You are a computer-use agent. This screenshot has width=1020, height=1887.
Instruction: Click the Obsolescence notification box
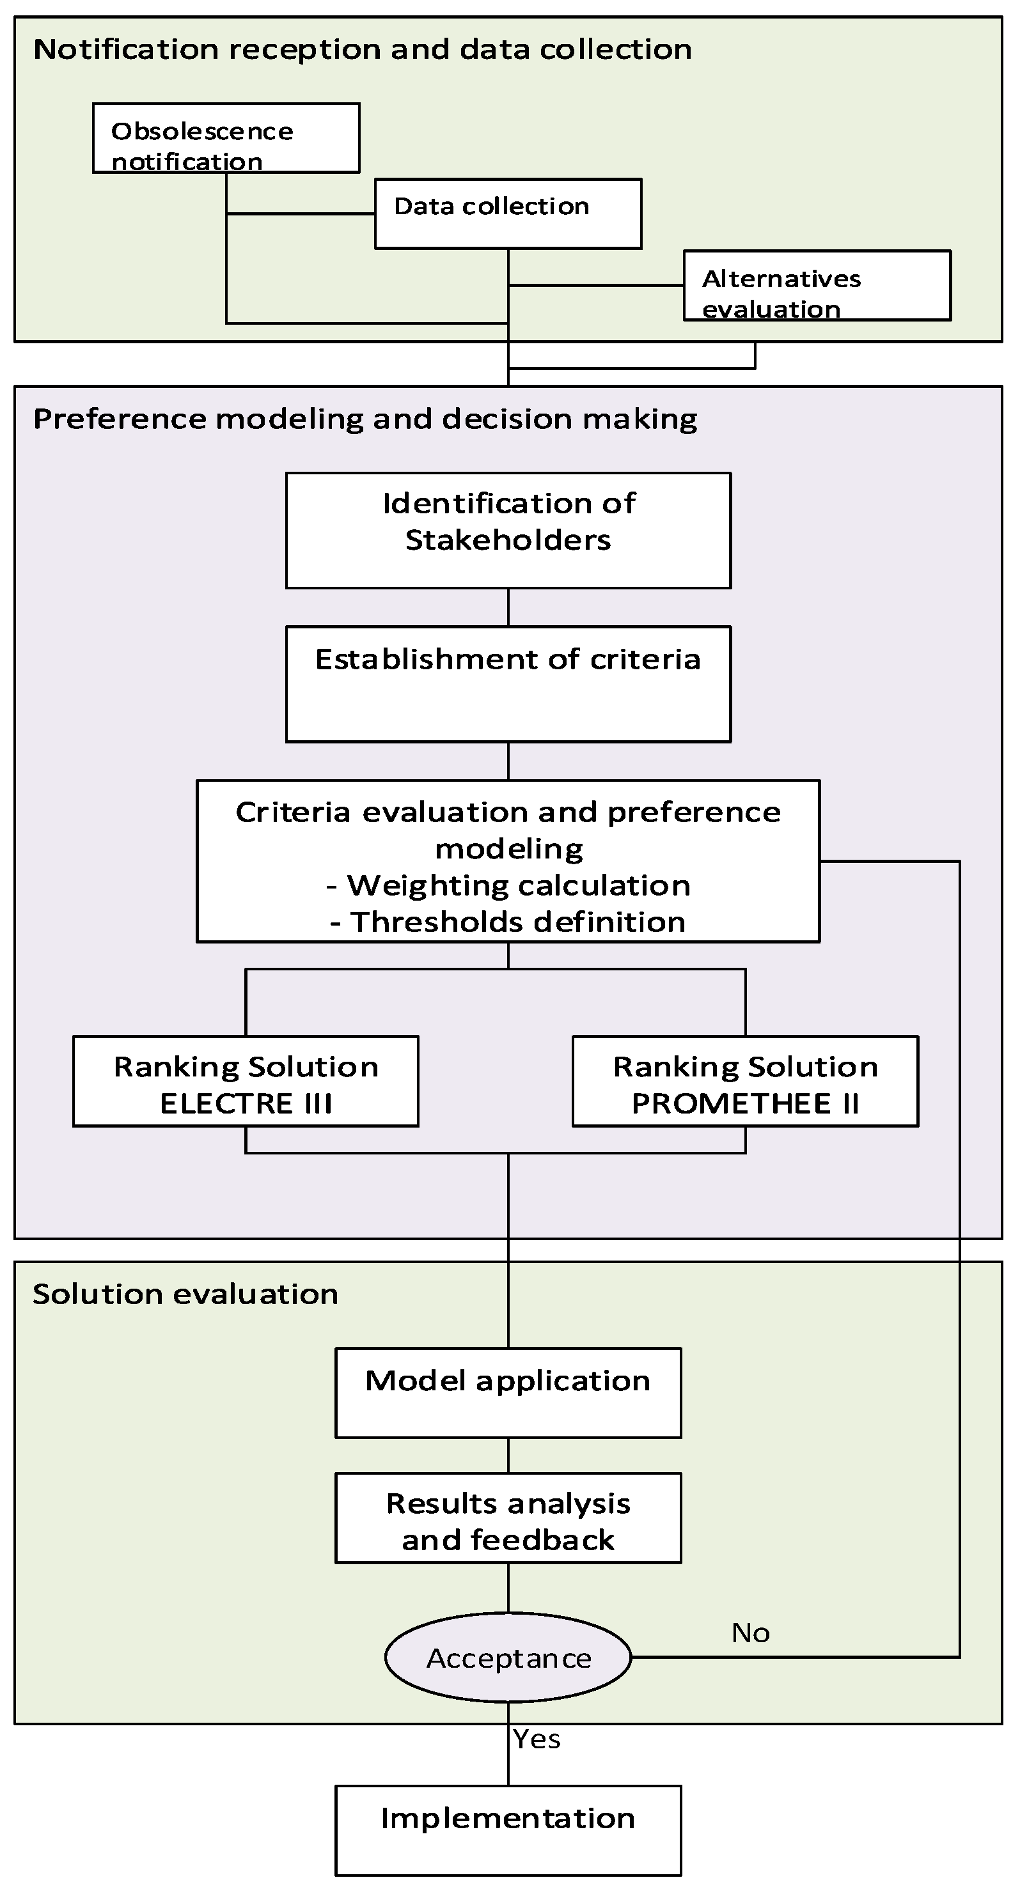pos(226,139)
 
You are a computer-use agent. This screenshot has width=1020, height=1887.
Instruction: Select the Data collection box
pos(508,213)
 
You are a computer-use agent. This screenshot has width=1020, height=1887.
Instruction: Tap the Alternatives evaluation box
pos(817,286)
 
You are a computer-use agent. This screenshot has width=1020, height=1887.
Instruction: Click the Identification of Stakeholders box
pos(508,530)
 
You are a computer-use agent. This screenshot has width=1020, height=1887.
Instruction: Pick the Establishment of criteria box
pos(508,683)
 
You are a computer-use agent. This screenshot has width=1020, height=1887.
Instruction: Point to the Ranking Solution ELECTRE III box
pos(246,1080)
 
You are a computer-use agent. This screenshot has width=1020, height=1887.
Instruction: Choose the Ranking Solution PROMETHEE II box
pos(745,1080)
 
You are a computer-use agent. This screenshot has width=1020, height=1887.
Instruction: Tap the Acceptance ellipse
pos(508,1657)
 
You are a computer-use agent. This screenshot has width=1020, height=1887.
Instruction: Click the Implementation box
pos(508,1830)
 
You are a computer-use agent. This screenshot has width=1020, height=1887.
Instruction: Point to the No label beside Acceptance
pos(750,1633)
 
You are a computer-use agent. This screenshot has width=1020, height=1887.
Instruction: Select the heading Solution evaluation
pos(185,1294)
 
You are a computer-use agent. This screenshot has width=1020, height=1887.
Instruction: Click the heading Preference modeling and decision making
pos(365,419)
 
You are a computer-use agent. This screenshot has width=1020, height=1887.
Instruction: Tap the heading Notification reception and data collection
pos(363,49)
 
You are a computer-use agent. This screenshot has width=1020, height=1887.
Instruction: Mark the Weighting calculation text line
pos(508,885)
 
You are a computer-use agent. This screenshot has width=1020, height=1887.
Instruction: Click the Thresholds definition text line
pos(508,922)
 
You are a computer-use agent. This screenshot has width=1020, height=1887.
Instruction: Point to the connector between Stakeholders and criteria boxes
pos(508,607)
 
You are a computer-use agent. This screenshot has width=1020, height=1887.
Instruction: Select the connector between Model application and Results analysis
pos(508,1455)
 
